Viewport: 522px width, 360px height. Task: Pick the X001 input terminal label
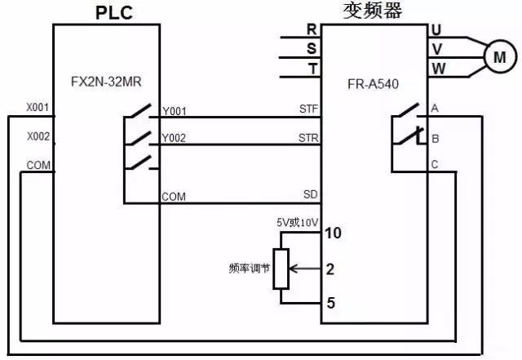point(38,108)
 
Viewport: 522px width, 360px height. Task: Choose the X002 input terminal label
point(38,136)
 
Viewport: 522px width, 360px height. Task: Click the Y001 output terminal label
point(175,111)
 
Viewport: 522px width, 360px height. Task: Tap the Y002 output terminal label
point(175,138)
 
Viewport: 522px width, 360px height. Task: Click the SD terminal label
point(309,193)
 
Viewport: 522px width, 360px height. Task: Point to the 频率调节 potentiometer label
point(248,268)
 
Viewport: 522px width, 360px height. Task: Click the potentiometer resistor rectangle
point(281,268)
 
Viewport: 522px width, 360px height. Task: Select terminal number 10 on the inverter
point(333,233)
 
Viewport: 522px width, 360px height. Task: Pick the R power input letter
point(311,29)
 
